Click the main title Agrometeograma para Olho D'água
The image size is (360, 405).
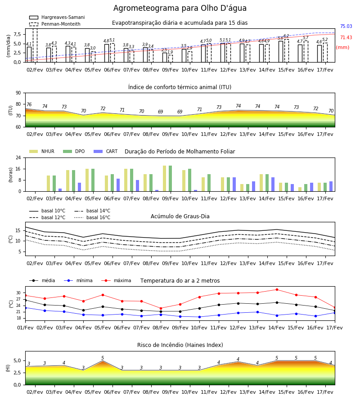(180, 8)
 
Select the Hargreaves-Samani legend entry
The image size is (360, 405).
(57, 17)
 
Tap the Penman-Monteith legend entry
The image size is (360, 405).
(55, 24)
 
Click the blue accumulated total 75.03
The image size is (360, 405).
(346, 27)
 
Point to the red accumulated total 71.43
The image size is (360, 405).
(346, 37)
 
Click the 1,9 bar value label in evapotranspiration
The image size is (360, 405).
(170, 52)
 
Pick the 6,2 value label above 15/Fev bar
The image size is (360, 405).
(286, 36)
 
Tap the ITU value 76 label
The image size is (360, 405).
(29, 104)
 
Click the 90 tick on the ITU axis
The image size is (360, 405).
(18, 93)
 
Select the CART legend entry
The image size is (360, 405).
(105, 151)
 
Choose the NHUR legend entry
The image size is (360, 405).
(42, 151)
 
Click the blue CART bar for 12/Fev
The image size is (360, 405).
(234, 184)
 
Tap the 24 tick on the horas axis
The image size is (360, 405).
(18, 157)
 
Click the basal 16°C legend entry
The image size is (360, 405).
(92, 217)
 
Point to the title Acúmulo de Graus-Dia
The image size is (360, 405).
(180, 216)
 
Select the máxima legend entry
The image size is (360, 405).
(116, 280)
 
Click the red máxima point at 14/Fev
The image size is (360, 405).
(277, 289)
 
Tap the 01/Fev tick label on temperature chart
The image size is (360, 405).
(25, 328)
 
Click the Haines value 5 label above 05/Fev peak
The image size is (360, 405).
(103, 358)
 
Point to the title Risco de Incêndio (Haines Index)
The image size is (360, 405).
(180, 345)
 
